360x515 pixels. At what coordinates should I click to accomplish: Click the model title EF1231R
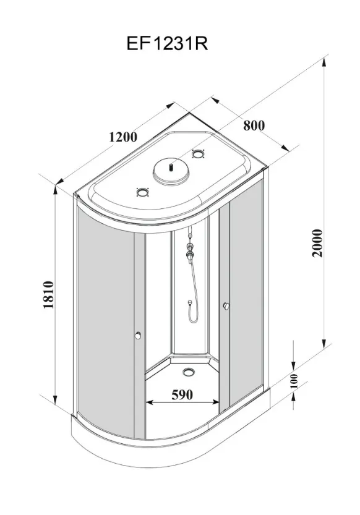tap(167, 44)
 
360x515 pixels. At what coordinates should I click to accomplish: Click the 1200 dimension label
tap(123, 137)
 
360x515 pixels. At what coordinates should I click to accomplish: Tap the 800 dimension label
tap(254, 125)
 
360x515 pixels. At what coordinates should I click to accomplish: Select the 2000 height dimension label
tap(317, 243)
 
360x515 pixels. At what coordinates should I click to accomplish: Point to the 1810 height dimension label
tap(48, 295)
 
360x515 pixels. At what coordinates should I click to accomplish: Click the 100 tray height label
tap(294, 381)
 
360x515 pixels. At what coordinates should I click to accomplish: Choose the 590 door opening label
tap(182, 394)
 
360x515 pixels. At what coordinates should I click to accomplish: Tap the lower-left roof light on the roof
tap(143, 192)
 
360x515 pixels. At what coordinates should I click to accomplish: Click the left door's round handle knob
tap(138, 335)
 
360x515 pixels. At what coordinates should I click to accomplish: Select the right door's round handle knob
tap(226, 306)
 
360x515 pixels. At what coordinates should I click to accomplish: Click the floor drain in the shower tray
tap(189, 372)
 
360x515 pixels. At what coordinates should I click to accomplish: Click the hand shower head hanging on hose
tap(189, 302)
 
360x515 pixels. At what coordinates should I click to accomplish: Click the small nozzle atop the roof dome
tap(171, 167)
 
